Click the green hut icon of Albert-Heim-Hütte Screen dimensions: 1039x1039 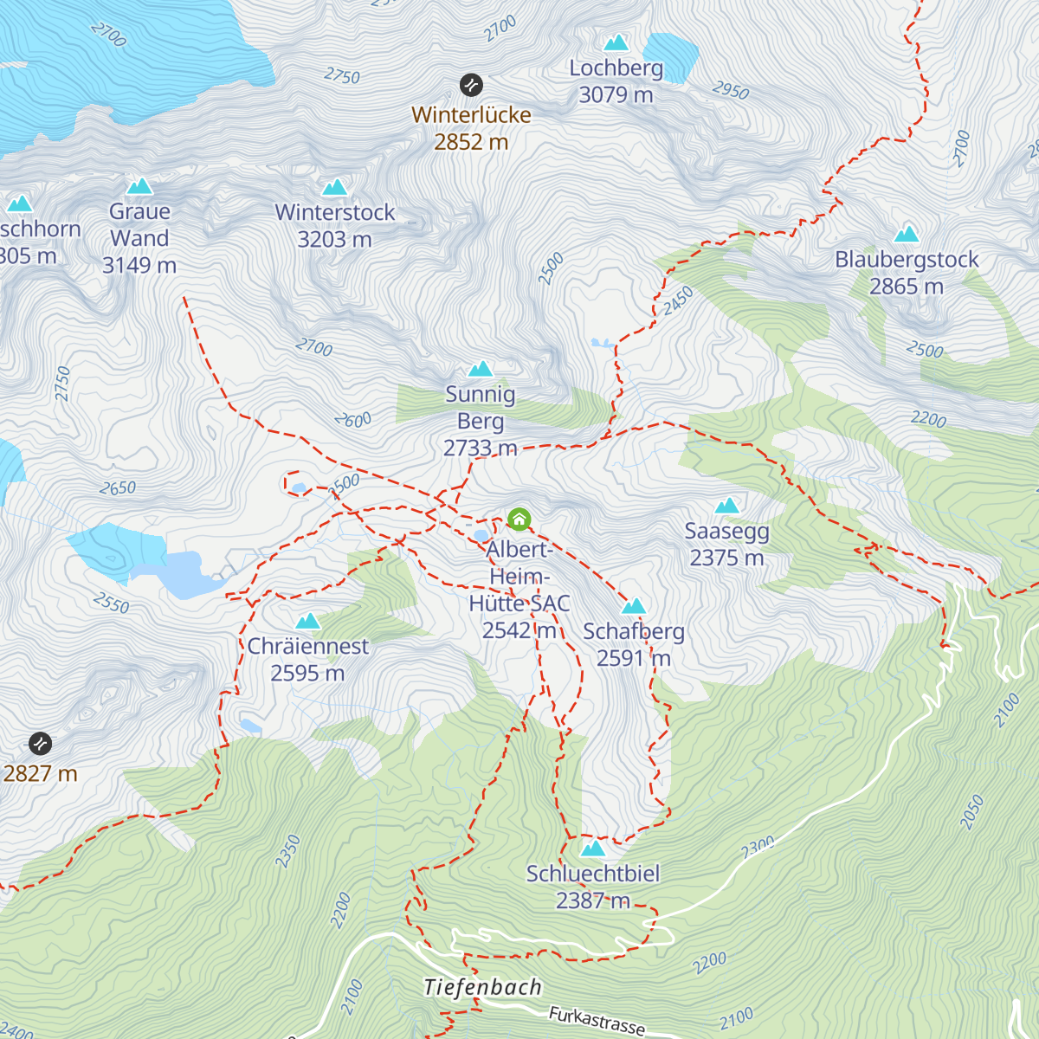pyautogui.click(x=519, y=519)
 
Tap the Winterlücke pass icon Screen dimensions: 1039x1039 pyautogui.click(x=471, y=85)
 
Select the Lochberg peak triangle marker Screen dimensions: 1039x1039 pyautogui.click(x=616, y=42)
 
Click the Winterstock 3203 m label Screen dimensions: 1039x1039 pyautogui.click(x=334, y=225)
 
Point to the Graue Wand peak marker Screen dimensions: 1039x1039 pyautogui.click(x=139, y=186)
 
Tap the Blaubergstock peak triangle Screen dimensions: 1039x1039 pyautogui.click(x=907, y=234)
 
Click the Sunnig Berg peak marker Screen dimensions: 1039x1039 pyautogui.click(x=481, y=370)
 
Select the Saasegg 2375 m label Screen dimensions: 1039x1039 pyautogui.click(x=726, y=544)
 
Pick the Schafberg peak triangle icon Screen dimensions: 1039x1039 pyautogui.click(x=635, y=606)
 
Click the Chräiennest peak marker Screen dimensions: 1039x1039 pyautogui.click(x=308, y=621)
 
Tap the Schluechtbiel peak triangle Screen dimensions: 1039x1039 pyautogui.click(x=593, y=848)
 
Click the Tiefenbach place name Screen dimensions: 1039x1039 pyautogui.click(x=483, y=987)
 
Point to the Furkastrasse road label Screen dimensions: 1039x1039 pyautogui.click(x=597, y=1021)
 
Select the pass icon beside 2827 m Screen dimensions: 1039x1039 pyautogui.click(x=40, y=743)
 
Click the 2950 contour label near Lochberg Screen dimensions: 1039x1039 pyautogui.click(x=730, y=90)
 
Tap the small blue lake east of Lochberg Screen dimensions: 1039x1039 pyautogui.click(x=671, y=56)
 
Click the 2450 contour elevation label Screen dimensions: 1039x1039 pyautogui.click(x=678, y=301)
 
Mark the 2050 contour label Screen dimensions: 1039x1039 pyautogui.click(x=971, y=812)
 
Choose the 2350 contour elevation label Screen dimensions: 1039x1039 pyautogui.click(x=287, y=850)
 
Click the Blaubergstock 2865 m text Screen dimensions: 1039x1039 pyautogui.click(x=907, y=273)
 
